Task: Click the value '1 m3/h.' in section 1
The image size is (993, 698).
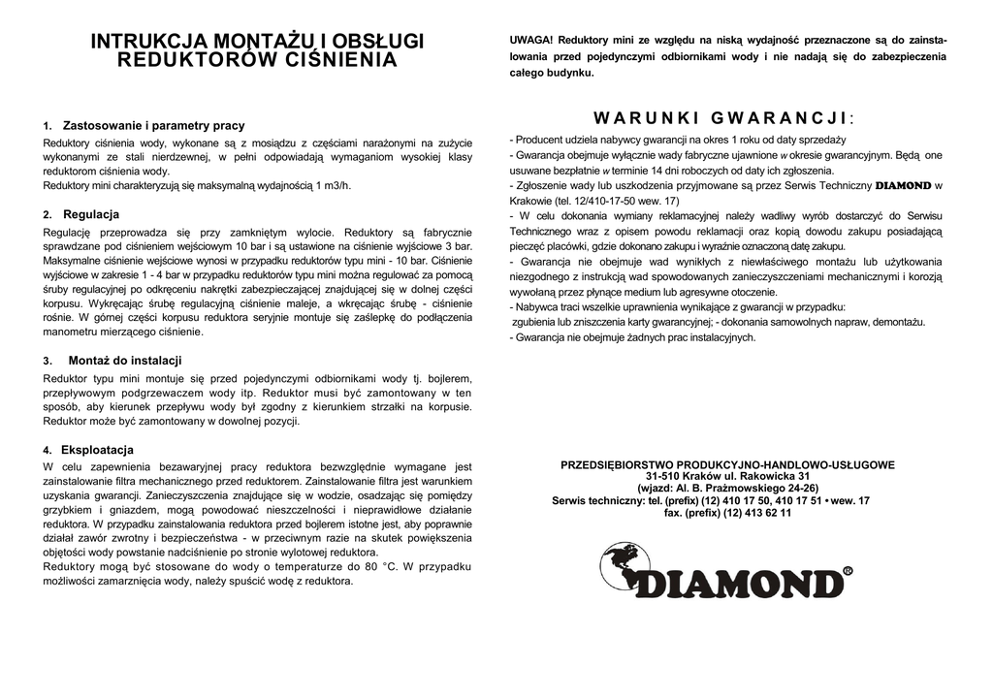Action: click(x=333, y=185)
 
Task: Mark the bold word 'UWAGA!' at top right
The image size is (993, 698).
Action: click(x=530, y=40)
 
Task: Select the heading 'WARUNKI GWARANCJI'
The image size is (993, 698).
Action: click(x=722, y=118)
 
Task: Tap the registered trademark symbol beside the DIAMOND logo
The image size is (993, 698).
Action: click(x=848, y=572)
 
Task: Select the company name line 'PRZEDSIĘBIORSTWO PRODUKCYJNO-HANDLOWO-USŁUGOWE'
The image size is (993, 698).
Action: click(x=727, y=465)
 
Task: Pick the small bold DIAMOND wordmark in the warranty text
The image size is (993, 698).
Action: click(x=903, y=185)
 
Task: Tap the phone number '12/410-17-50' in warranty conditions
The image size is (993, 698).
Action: click(x=610, y=201)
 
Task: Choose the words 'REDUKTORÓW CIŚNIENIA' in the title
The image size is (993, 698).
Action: click(x=257, y=60)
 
